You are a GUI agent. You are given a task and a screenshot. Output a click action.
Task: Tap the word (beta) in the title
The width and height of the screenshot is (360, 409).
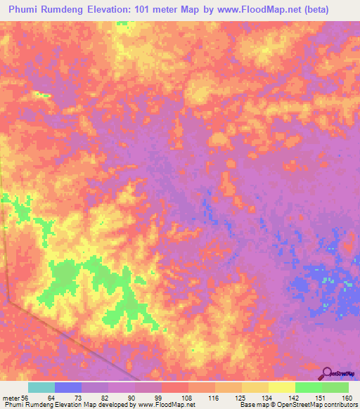334,9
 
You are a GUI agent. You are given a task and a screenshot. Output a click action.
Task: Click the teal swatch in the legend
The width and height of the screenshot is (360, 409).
41,387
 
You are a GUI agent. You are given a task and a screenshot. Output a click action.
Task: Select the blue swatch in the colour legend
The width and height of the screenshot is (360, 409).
68,387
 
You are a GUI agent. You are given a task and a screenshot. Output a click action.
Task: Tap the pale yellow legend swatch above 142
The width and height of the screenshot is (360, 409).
282,387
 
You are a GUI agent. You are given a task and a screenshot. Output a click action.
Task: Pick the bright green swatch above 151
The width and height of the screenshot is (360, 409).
309,387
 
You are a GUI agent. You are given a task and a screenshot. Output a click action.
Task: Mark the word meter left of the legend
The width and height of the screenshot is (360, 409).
12,398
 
